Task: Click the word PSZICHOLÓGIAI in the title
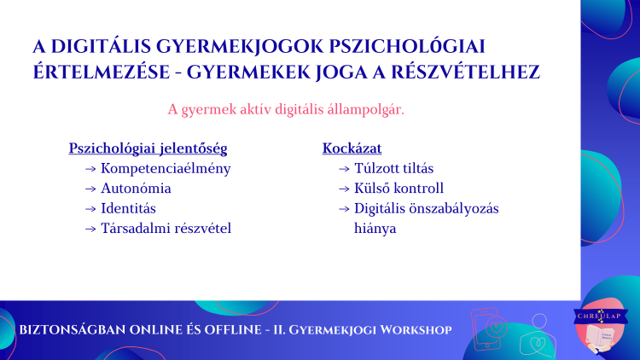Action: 407,46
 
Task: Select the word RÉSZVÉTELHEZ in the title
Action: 466,73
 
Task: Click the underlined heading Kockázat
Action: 352,148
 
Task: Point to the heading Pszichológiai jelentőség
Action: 148,148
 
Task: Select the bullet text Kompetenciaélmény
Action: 166,169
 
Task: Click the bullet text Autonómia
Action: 136,189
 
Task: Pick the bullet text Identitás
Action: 128,208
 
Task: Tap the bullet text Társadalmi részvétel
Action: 166,228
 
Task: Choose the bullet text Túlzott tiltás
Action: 394,168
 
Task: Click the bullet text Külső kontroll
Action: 399,189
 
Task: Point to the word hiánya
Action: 375,229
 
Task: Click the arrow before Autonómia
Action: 90,189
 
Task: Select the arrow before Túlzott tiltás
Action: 344,169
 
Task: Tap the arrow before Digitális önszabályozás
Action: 344,209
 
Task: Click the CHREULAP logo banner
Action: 601,316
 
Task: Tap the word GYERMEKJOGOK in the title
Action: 240,47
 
